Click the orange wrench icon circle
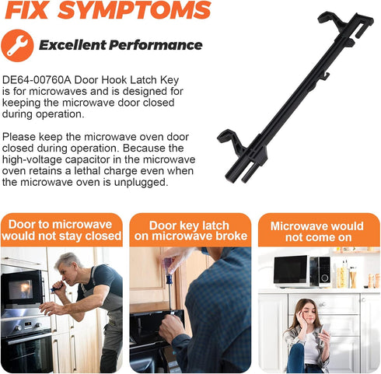17,46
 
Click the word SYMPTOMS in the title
135,10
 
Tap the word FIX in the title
26,10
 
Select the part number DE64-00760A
37,80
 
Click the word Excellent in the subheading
72,45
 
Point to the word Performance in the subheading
156,45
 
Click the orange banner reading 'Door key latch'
190,230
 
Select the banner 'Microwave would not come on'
319,230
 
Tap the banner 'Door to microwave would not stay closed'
61,230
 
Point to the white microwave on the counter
302,271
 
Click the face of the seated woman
309,315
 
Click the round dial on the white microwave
324,278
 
